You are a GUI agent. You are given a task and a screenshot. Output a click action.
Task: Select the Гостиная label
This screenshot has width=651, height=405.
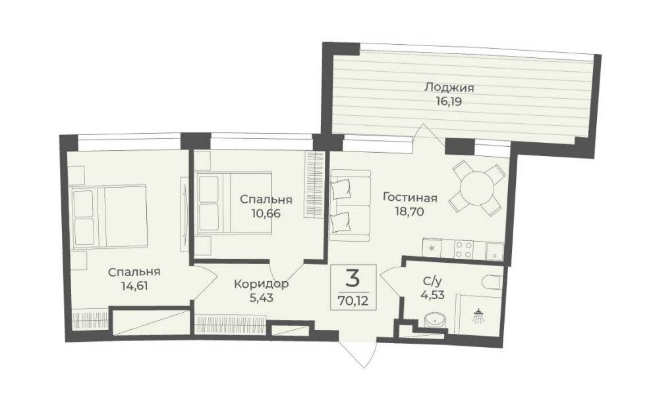pos(410,198)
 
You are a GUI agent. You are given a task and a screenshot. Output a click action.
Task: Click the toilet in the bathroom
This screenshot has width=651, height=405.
pos(493,282)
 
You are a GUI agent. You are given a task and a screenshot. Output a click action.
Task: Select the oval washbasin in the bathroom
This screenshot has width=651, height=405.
pos(435,321)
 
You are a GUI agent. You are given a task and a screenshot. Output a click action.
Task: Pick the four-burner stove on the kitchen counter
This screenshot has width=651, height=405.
pos(463,250)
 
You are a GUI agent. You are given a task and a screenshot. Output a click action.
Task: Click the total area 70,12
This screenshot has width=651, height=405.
pos(353,300)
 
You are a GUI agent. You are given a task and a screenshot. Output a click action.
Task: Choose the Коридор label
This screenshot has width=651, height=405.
pos(261,284)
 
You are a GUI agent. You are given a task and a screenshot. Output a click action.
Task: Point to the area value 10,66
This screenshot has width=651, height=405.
pos(266,214)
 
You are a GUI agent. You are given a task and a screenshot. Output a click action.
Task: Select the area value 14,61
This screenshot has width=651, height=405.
pos(134,286)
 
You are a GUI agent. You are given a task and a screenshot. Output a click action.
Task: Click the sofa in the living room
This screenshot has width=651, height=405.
pos(351,205)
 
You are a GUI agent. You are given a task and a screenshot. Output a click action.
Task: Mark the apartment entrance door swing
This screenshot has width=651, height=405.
pos(358,354)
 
